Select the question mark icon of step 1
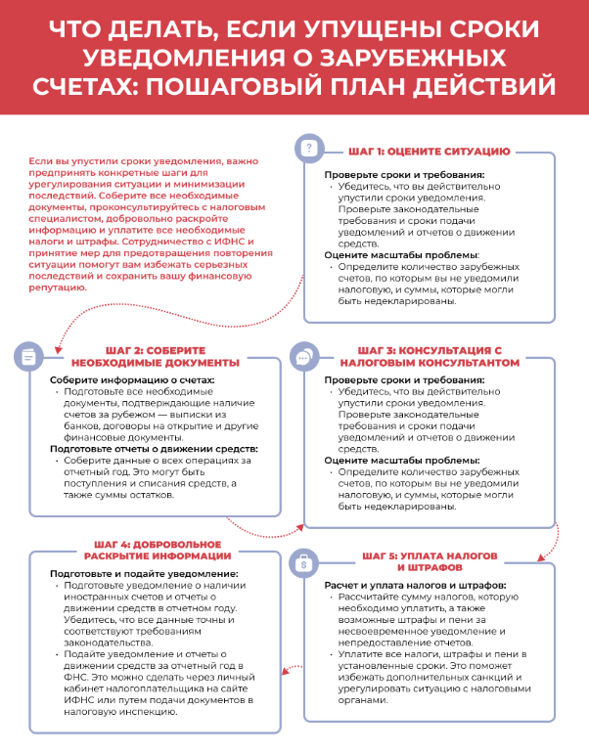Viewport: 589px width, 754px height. tap(308, 149)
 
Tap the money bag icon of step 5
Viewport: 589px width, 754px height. tap(304, 563)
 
